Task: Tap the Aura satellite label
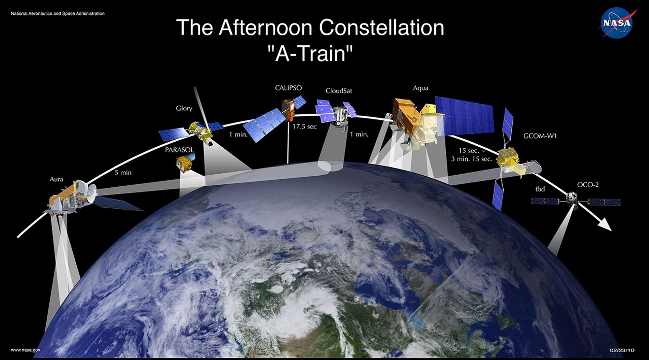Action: [56, 179]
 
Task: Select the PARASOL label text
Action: [179, 150]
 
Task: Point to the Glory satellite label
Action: [184, 108]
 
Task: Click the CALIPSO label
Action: [288, 88]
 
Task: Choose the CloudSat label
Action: [339, 91]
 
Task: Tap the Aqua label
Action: [421, 88]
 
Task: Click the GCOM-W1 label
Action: [540, 136]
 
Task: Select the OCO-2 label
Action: [588, 185]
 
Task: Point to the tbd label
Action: [540, 189]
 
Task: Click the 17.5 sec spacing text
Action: [304, 127]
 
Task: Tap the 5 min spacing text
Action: [123, 173]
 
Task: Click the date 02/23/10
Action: [622, 350]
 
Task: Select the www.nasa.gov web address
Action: [26, 350]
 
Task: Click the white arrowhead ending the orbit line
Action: [605, 224]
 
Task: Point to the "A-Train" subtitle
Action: [311, 54]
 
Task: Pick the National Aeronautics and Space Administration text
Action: [58, 14]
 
